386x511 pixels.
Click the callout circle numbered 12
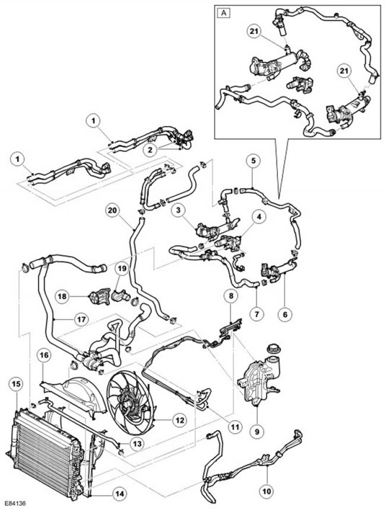coord(179,421)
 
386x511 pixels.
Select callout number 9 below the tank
coord(256,426)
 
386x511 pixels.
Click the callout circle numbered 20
coord(112,211)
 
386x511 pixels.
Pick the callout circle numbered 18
coord(63,296)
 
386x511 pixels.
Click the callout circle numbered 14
coord(119,494)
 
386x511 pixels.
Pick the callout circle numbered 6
coord(285,314)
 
